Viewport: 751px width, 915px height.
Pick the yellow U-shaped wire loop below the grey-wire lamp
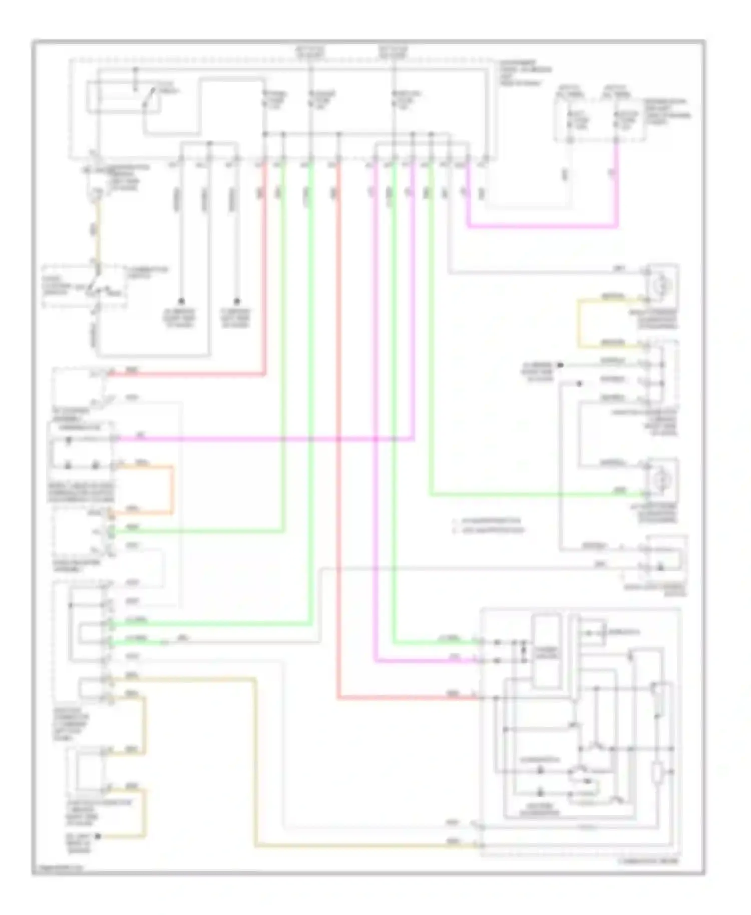(x=579, y=323)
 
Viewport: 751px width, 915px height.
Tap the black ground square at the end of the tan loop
(x=98, y=836)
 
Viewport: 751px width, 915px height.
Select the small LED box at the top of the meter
(x=592, y=633)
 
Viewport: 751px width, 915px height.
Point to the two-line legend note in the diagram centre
(x=488, y=525)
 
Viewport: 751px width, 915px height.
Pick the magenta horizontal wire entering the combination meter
(x=426, y=661)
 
